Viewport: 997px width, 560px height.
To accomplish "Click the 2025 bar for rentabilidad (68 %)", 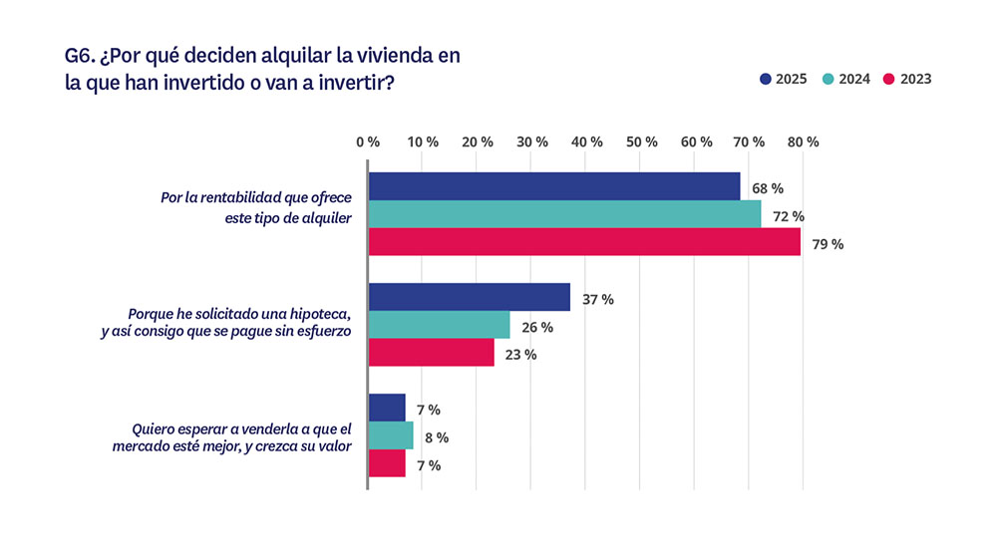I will (x=554, y=186).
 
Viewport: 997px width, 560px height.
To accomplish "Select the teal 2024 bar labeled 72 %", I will (x=564, y=214).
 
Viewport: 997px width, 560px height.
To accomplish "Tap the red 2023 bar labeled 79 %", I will (x=584, y=242).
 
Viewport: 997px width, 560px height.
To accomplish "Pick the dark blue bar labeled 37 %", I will (x=470, y=297).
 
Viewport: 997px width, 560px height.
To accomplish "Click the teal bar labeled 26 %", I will (x=439, y=325).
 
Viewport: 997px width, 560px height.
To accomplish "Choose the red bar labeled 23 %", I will (x=431, y=353).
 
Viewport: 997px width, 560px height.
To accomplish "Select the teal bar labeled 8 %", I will (x=390, y=435).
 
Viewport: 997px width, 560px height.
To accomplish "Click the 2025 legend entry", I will (x=783, y=79).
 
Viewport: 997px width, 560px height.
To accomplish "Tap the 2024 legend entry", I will (x=844, y=79).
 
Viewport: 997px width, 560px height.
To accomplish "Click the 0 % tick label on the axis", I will (x=368, y=142).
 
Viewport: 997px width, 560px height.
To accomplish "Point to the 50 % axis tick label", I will (x=641, y=142).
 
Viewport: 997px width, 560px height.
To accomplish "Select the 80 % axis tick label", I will (x=803, y=142).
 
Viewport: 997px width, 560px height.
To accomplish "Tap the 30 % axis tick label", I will (x=532, y=142).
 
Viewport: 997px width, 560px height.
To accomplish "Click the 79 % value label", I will (x=827, y=244).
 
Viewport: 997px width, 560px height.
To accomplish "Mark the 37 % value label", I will (x=597, y=299).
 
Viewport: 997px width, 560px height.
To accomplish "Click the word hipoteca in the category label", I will (x=320, y=315).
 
